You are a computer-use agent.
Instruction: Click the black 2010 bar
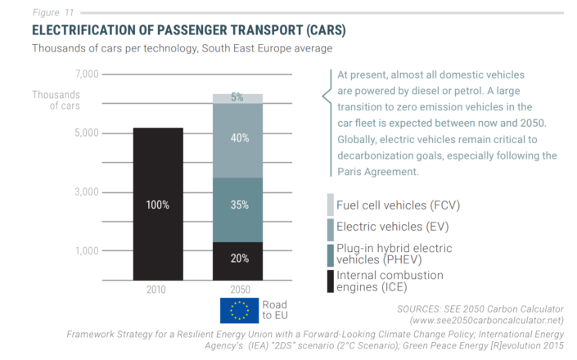158,204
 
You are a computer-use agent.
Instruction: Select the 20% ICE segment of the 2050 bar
237,261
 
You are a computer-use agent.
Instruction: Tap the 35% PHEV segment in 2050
237,210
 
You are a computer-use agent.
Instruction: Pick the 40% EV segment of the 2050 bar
237,141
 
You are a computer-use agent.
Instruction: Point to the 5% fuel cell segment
237,99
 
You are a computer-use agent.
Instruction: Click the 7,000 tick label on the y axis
88,74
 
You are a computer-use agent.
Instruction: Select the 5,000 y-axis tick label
87,133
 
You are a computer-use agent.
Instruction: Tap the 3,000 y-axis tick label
87,191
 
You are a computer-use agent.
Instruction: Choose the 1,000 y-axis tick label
88,251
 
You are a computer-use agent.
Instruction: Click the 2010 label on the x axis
156,290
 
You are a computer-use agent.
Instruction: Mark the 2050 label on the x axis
241,290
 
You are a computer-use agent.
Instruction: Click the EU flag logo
240,311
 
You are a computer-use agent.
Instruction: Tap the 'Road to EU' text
275,310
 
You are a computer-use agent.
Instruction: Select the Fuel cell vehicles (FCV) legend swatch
331,205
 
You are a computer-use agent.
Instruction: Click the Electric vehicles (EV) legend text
393,227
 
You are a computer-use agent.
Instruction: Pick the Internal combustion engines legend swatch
331,281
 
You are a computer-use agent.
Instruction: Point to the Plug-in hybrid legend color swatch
331,255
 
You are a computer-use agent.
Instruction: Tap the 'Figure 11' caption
53,12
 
